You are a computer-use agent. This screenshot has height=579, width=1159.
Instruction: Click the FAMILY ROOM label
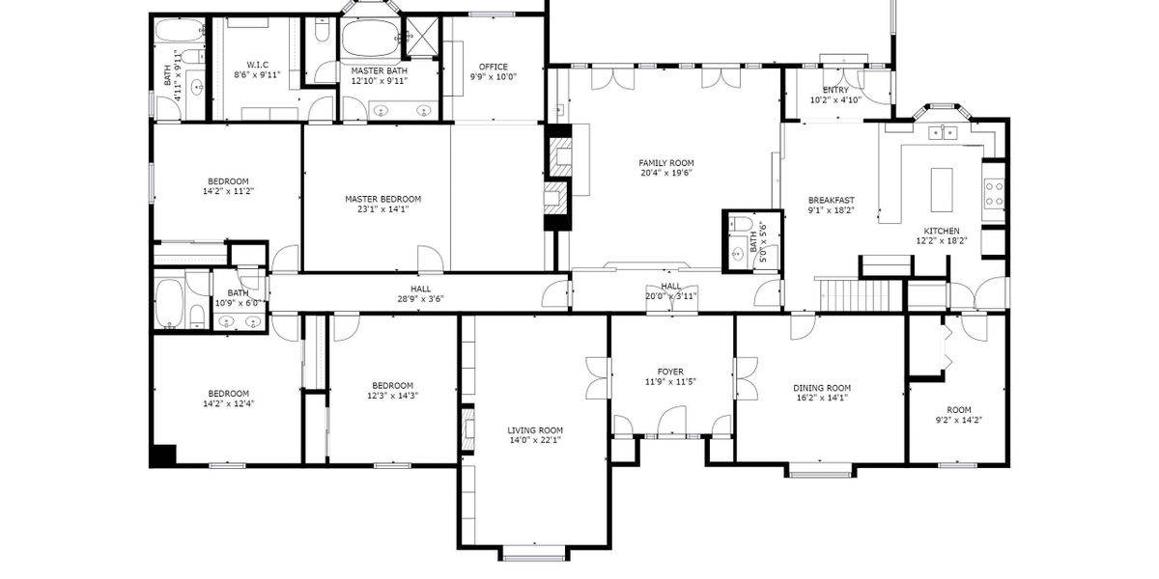click(x=665, y=163)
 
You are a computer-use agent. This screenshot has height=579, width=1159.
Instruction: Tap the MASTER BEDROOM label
click(x=382, y=199)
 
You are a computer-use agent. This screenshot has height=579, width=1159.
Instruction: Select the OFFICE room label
click(x=494, y=67)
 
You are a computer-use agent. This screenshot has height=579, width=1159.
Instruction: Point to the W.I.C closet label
click(x=257, y=65)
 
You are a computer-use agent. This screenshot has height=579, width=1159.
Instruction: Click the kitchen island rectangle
click(x=942, y=190)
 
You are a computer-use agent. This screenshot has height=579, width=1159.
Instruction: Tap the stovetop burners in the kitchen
click(x=994, y=193)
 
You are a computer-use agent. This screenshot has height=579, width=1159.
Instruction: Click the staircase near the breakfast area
click(x=859, y=295)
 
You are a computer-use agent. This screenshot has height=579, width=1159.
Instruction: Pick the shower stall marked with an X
click(x=422, y=37)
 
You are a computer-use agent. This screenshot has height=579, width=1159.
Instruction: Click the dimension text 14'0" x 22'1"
click(x=535, y=440)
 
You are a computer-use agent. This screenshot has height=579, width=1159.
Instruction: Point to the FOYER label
click(x=670, y=372)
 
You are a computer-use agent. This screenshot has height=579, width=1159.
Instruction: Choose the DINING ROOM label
click(x=822, y=388)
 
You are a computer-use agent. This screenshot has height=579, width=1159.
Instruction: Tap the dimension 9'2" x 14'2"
click(x=959, y=421)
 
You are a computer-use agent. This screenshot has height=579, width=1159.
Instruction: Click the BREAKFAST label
click(x=831, y=200)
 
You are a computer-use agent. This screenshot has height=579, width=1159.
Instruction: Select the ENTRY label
click(x=835, y=90)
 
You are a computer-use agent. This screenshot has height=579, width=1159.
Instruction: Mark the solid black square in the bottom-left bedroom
click(x=164, y=455)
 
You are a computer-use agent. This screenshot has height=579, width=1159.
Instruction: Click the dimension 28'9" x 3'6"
click(x=421, y=299)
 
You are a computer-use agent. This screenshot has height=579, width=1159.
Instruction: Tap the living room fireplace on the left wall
click(x=467, y=429)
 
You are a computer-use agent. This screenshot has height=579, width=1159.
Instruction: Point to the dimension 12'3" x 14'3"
click(x=392, y=396)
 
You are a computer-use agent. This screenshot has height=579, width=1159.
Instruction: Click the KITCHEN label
click(x=942, y=231)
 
